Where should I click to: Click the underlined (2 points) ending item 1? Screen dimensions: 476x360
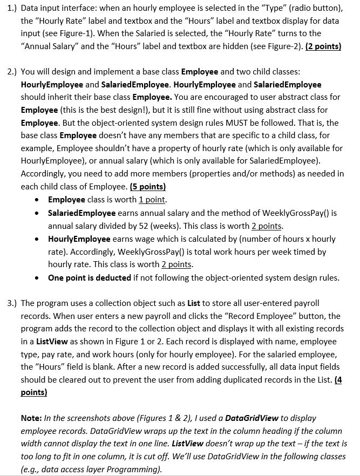[x=323, y=46]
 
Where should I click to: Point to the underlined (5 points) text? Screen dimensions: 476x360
[x=148, y=187]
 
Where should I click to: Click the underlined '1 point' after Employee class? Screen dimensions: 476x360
[x=152, y=200]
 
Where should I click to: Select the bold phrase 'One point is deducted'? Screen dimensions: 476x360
[x=90, y=278]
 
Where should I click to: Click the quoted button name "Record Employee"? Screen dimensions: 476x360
[x=247, y=316]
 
